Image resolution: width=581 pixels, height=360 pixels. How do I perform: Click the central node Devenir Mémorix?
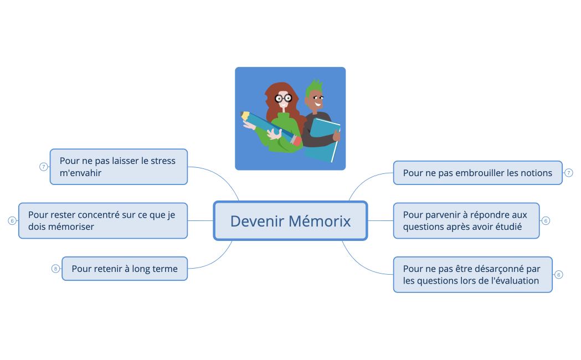pos(290,221)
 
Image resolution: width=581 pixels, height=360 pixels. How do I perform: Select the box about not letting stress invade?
pos(119,167)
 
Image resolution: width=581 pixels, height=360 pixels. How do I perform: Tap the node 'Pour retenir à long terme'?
pos(124,269)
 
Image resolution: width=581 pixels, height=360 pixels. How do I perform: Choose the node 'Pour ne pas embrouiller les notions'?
pos(477,173)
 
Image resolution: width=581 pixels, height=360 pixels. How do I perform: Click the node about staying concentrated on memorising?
pos(103,220)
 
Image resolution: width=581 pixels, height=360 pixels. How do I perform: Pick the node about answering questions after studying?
pos(466,220)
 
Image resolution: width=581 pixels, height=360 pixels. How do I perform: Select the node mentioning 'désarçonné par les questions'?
pos(472,275)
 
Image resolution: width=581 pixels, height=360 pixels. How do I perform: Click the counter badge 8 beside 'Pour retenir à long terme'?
pos(55,269)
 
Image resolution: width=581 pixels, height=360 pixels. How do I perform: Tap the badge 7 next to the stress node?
pos(44,167)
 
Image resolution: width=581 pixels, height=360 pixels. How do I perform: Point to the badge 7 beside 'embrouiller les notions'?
pos(569,173)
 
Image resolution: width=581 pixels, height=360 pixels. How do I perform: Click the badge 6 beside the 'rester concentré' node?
pos(12,220)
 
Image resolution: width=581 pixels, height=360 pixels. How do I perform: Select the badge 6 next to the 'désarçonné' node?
pos(559,275)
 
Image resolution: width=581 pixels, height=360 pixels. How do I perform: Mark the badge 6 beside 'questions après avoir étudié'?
pos(546,220)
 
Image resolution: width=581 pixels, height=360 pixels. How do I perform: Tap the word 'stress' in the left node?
pos(163,161)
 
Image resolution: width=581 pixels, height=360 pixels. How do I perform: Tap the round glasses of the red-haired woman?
pos(283,98)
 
